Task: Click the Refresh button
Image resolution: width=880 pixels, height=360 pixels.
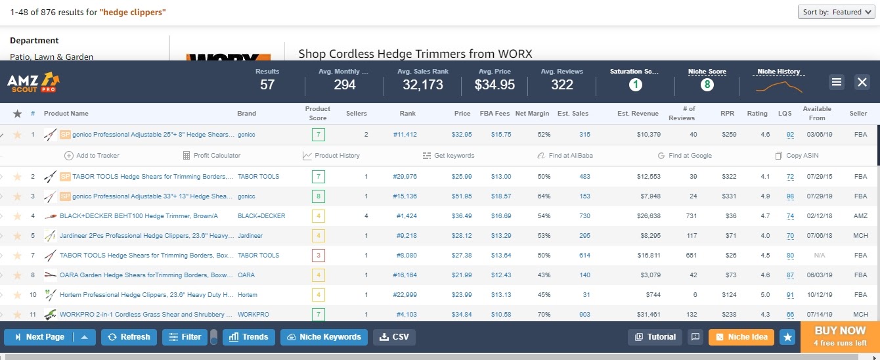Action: tap(129, 337)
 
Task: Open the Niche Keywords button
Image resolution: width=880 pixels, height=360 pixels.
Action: tap(324, 337)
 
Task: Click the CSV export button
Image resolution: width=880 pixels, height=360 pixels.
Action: tap(394, 337)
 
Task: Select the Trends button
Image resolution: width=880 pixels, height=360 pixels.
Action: tap(249, 337)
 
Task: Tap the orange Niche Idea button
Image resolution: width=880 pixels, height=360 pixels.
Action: tap(741, 337)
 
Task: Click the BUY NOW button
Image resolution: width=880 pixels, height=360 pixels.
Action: tap(840, 335)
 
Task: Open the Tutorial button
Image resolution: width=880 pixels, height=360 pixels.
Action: tap(655, 337)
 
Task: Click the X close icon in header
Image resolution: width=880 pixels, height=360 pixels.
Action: tap(862, 82)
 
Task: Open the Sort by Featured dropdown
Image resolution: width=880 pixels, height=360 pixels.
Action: tap(837, 12)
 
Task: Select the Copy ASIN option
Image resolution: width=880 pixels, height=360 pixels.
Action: tap(797, 156)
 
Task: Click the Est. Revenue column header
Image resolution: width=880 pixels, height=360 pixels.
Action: tap(638, 114)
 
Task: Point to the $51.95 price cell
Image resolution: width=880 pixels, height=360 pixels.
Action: tap(462, 196)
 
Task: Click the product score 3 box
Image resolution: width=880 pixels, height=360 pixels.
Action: tap(318, 256)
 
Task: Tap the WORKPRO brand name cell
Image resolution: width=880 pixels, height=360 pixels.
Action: tap(253, 315)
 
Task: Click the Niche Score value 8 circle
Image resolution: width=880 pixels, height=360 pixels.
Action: tap(707, 85)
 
